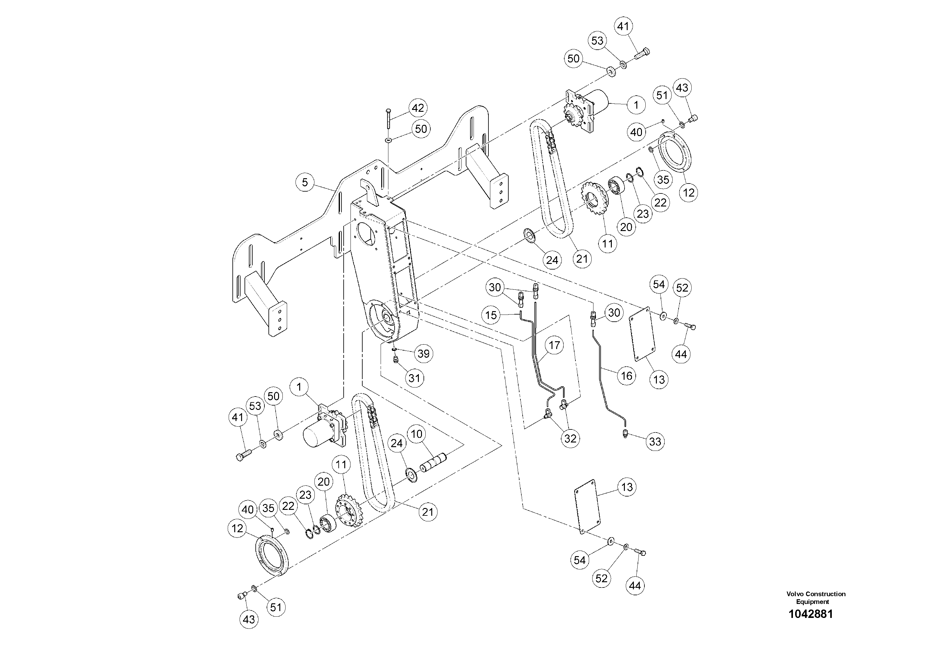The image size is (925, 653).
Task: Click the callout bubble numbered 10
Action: click(x=417, y=434)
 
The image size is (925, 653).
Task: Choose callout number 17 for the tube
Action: click(x=554, y=345)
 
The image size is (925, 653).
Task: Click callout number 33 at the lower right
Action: click(x=655, y=442)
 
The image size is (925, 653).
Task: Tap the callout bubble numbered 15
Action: click(x=492, y=315)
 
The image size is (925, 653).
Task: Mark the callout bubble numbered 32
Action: click(x=570, y=438)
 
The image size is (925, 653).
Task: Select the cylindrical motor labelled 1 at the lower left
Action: click(x=316, y=436)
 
